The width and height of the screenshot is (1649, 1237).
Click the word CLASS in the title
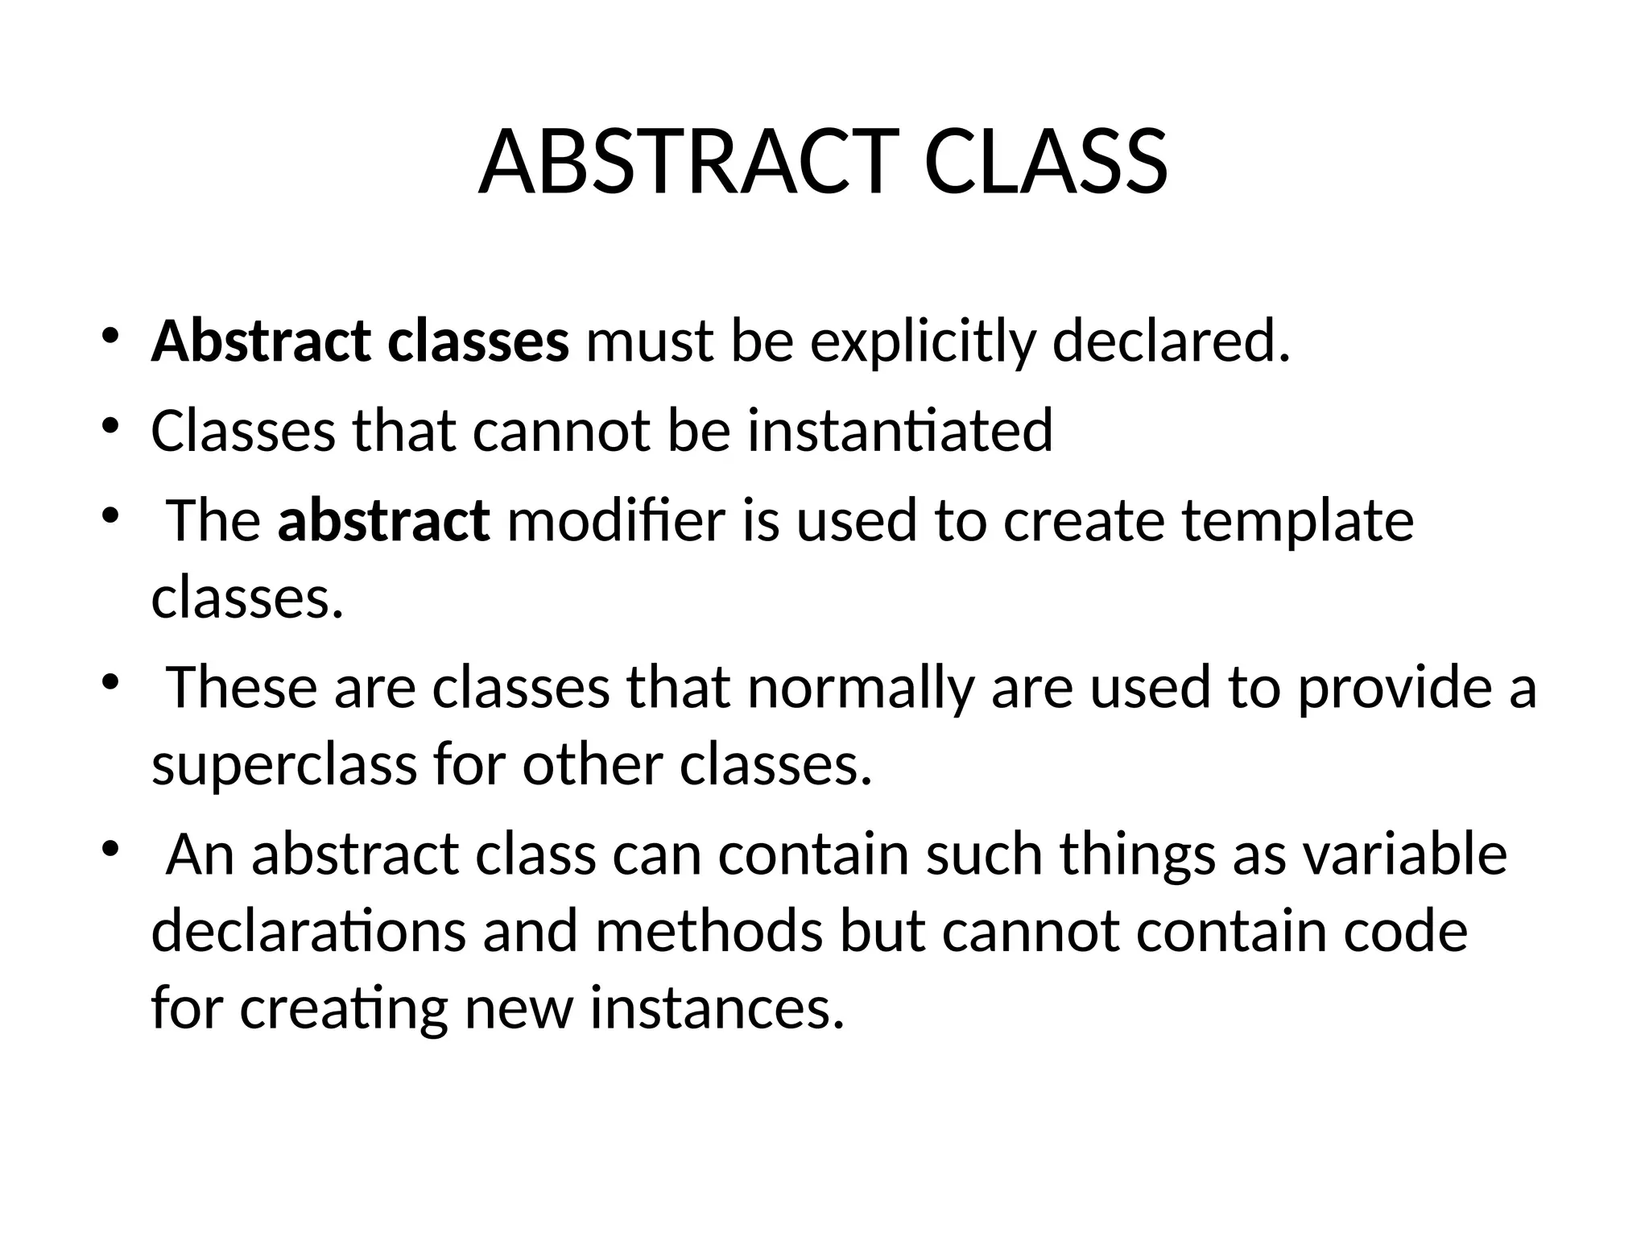tap(1046, 163)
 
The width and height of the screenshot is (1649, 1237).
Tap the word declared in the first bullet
tap(1171, 341)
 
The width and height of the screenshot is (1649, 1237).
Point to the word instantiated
tap(899, 431)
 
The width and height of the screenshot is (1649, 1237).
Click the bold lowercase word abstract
tap(383, 520)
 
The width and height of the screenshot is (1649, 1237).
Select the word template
tap(1297, 520)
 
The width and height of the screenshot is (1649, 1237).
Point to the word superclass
tap(284, 765)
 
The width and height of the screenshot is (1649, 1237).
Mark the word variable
tap(1405, 854)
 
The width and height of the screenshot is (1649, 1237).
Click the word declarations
tap(308, 932)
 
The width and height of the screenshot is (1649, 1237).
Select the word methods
tap(709, 932)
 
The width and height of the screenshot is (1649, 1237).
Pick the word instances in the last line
tap(717, 1008)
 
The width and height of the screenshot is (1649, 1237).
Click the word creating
tap(344, 1008)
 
